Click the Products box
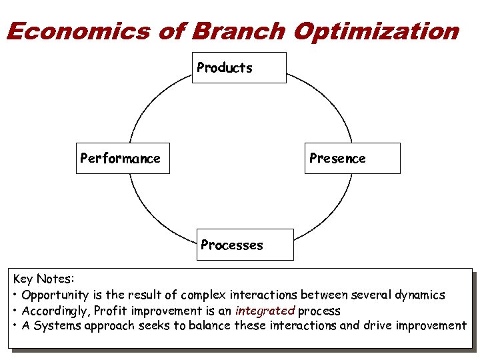pos(239,67)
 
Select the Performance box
pos(123,158)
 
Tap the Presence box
pos(352,158)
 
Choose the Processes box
pos(245,245)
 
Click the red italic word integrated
pos(265,311)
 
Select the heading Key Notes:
pos(44,279)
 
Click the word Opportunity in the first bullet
pos(55,295)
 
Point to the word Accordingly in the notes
pos(56,311)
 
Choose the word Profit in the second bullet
pos(111,311)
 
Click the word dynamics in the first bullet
pos(419,295)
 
